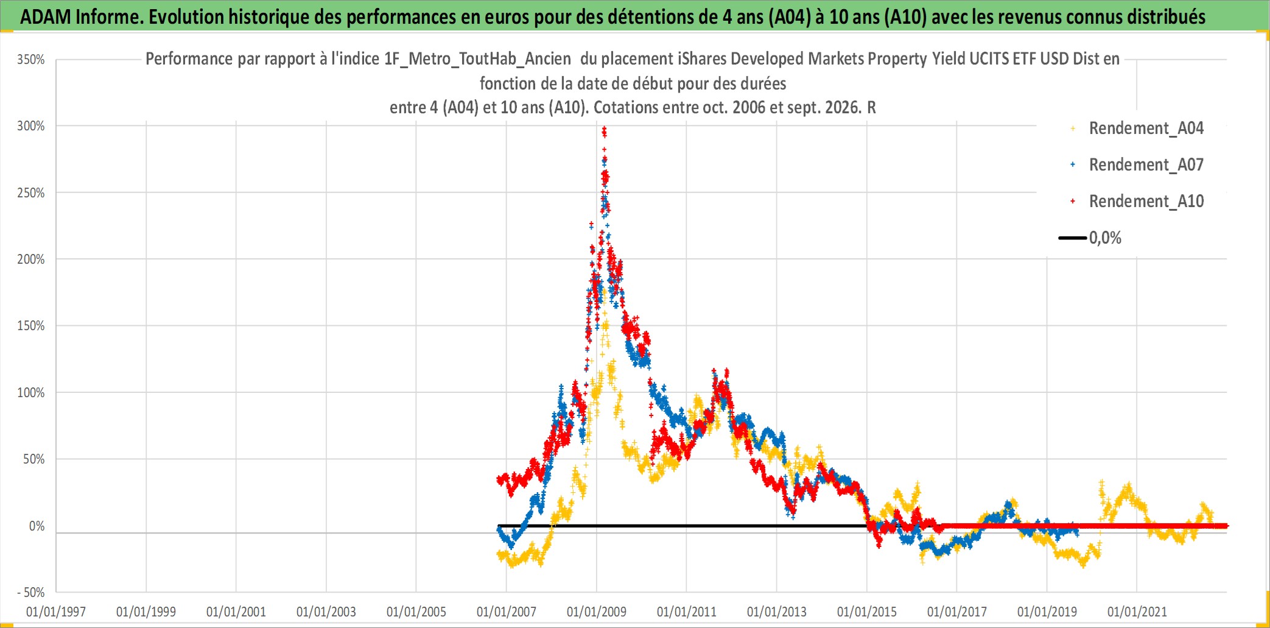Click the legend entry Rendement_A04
[1146, 129]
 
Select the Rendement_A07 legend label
[1146, 165]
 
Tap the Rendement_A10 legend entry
[1146, 202]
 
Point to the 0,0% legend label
[1105, 238]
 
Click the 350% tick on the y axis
[31, 60]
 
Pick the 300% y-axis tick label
[31, 126]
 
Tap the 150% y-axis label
[31, 326]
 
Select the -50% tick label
[31, 592]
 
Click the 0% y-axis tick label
[37, 526]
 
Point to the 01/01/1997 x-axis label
[56, 612]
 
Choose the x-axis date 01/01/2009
[597, 612]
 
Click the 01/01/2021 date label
[1137, 612]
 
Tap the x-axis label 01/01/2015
[867, 612]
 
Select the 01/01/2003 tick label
[326, 612]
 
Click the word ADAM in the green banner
[46, 16]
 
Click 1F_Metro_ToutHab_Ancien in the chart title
[478, 58]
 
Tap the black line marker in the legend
[1073, 238]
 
